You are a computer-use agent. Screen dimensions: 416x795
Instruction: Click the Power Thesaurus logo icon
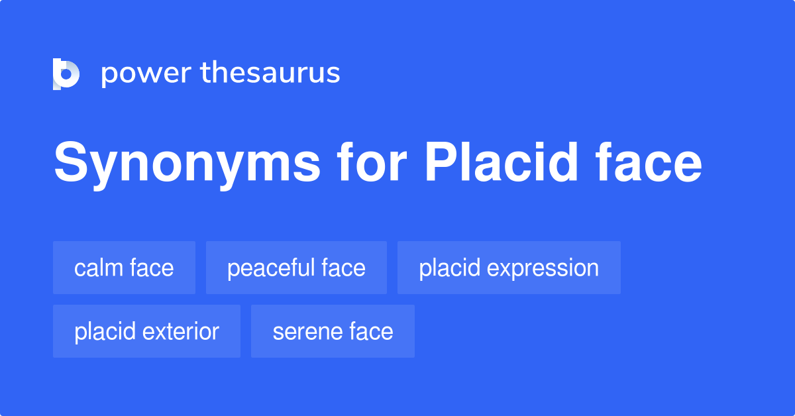click(x=66, y=74)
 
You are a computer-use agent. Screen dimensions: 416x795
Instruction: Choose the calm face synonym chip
click(x=124, y=268)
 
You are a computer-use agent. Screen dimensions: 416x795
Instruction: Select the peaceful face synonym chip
click(x=296, y=268)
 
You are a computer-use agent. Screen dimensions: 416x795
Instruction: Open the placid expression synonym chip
click(x=509, y=268)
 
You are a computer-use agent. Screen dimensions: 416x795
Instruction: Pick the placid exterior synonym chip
click(x=146, y=331)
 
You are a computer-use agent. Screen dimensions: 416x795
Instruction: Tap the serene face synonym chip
click(x=333, y=331)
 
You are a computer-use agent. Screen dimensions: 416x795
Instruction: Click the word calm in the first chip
click(x=97, y=268)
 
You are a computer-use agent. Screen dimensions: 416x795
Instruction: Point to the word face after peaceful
click(x=344, y=268)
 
